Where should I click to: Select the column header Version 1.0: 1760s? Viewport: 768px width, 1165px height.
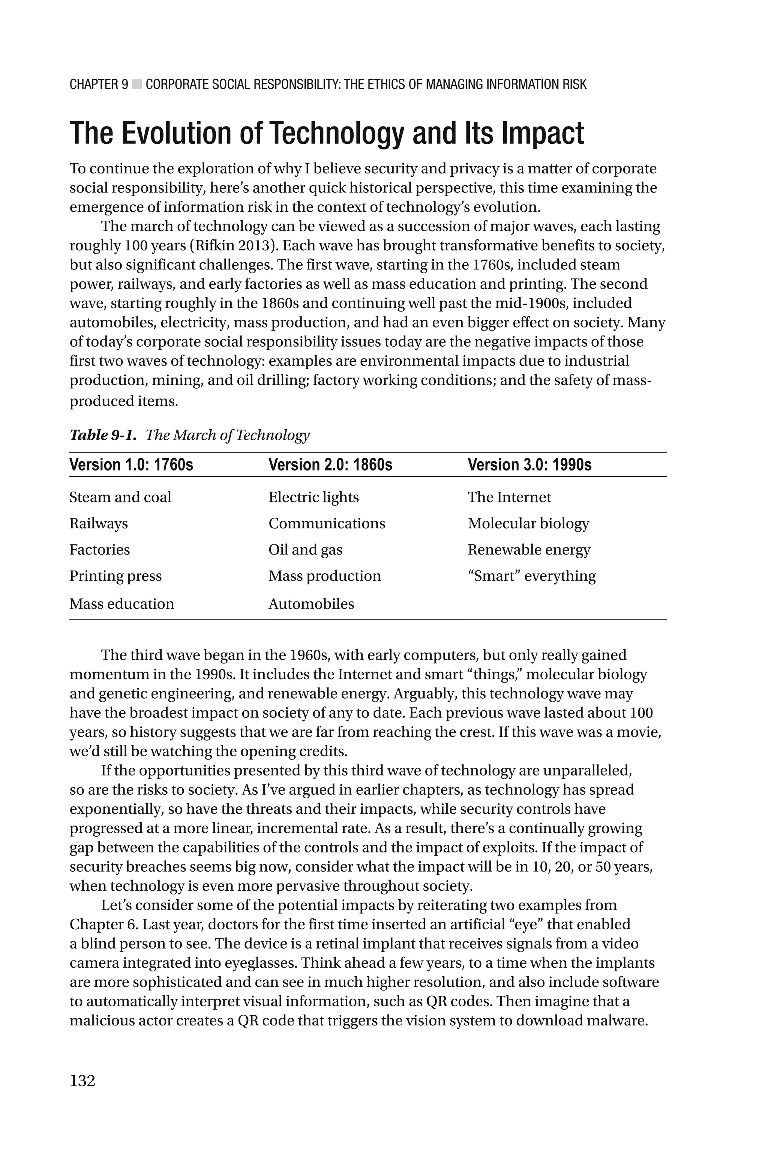click(131, 464)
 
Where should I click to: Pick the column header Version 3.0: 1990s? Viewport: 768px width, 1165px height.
click(529, 464)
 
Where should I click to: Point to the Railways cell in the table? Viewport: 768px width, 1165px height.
click(99, 523)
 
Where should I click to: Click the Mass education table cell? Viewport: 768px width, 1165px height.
click(121, 604)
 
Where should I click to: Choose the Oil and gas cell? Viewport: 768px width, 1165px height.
click(305, 550)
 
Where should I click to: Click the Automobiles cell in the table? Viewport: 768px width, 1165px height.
click(311, 604)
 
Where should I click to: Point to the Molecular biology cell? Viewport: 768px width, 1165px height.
click(528, 523)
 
